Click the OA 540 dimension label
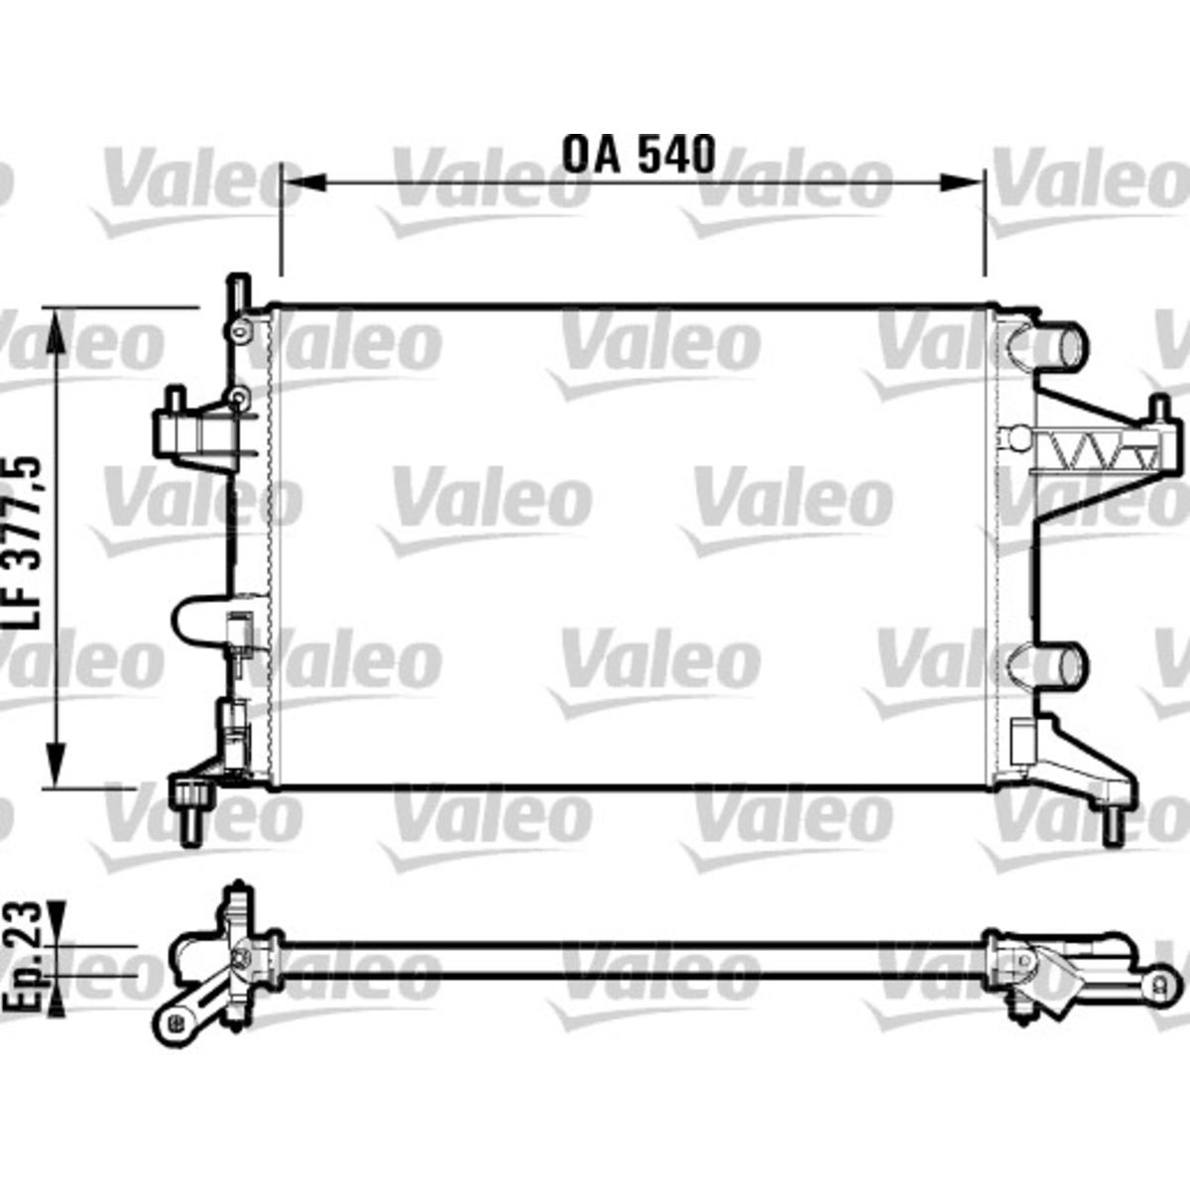click(x=639, y=156)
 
